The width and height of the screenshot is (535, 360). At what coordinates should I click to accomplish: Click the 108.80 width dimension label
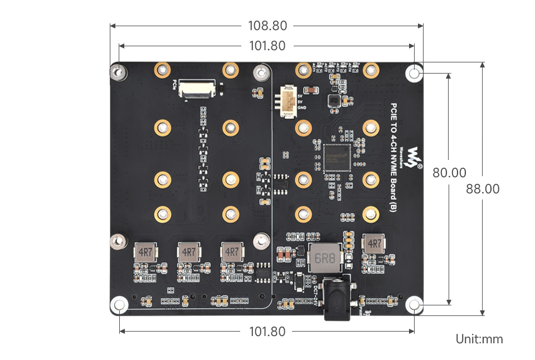coord(267,26)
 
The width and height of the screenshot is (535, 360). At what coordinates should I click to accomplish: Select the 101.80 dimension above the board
coord(267,46)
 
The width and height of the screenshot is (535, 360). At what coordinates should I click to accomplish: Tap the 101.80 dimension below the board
coord(267,332)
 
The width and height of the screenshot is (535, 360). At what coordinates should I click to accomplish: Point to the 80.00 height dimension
coord(449,173)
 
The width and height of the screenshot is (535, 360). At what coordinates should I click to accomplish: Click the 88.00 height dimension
coord(483,189)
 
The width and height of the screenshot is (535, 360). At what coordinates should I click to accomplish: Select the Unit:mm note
coord(479,339)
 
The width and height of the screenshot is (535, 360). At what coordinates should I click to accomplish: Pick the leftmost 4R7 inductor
coord(145,252)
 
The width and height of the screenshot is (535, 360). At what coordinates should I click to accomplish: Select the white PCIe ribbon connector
coord(198,88)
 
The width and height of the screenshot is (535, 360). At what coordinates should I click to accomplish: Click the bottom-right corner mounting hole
coord(414,304)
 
